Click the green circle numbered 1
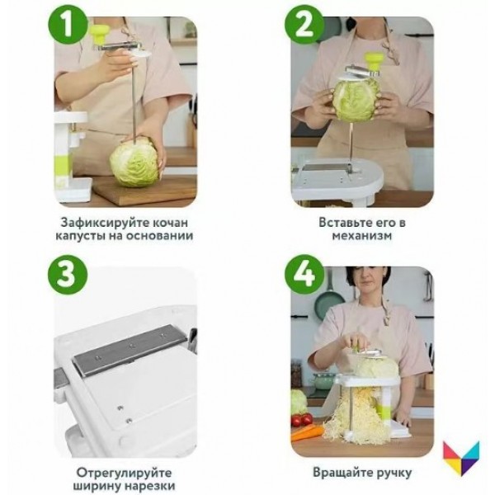click(68, 25)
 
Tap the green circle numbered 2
click(304, 25)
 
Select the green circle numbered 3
click(68, 275)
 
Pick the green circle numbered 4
click(304, 275)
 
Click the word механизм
click(362, 236)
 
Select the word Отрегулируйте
click(124, 473)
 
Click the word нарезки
click(150, 486)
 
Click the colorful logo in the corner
click(461, 458)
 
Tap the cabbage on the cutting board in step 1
click(134, 163)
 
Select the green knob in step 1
click(100, 35)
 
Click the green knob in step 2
click(374, 62)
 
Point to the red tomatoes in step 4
click(302, 420)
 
